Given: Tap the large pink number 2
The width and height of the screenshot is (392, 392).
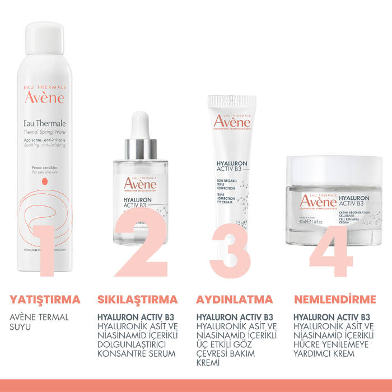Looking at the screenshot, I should pos(140,251).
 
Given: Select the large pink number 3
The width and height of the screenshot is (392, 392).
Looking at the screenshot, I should pos(231,251).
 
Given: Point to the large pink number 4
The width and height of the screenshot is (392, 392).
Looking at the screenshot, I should pos(330,251).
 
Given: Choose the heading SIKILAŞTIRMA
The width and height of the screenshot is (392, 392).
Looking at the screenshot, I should pos(138,299).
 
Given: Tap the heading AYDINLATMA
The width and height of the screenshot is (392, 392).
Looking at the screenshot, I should pos(235,299).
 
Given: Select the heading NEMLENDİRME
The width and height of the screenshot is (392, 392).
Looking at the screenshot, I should pos(335,299).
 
